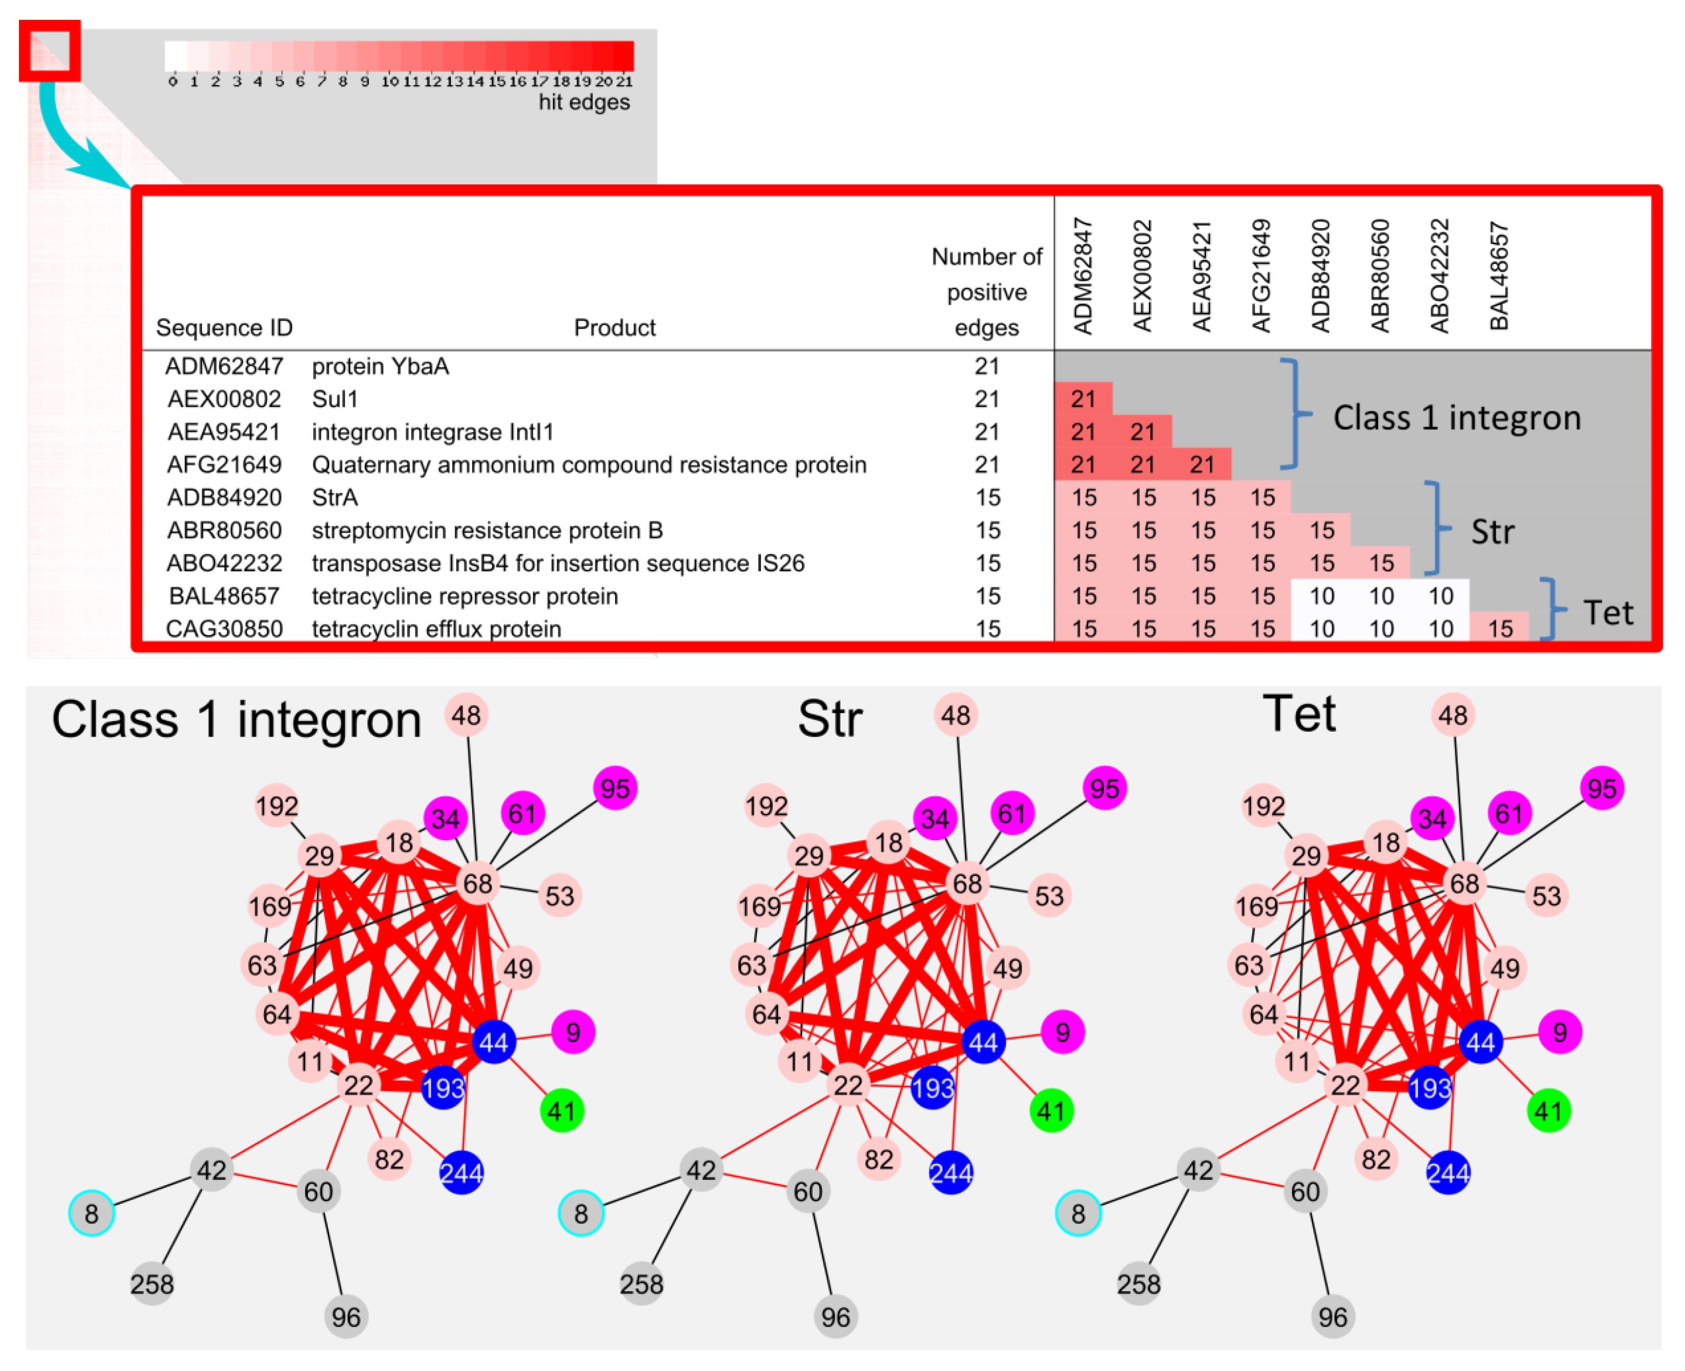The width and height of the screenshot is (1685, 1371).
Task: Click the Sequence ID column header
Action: pyautogui.click(x=224, y=328)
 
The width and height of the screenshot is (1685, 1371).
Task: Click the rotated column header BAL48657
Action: pyautogui.click(x=1498, y=276)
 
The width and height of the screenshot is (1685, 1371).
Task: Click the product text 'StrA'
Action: pyautogui.click(x=335, y=498)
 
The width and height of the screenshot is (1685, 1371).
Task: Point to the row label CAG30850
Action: pyautogui.click(x=224, y=629)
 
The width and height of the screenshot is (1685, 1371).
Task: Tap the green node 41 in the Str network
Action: pyautogui.click(x=1051, y=1111)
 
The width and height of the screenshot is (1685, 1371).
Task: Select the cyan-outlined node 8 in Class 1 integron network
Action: pyautogui.click(x=92, y=1213)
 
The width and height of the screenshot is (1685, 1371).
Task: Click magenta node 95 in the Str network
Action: pyautogui.click(x=1104, y=788)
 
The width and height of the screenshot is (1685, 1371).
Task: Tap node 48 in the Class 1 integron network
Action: pyautogui.click(x=466, y=716)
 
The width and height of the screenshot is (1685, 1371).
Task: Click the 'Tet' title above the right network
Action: pyautogui.click(x=1299, y=715)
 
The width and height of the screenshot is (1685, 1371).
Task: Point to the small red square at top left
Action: pyautogui.click(x=50, y=51)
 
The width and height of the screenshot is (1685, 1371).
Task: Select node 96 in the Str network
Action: pyautogui.click(x=835, y=1317)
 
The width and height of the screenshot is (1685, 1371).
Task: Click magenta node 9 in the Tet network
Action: pyautogui.click(x=1559, y=1032)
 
